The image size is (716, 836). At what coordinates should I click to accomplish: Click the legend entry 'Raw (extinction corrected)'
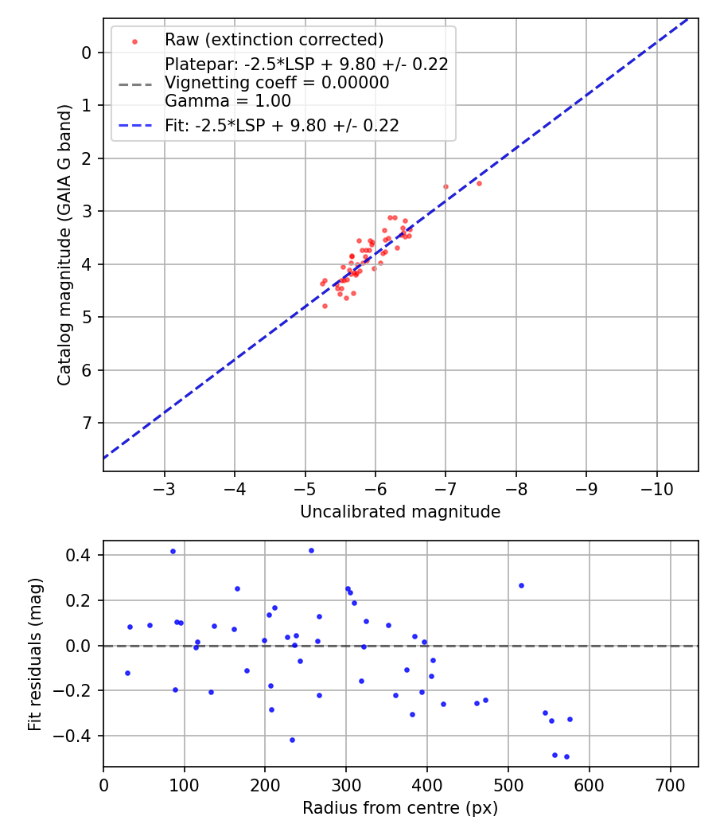click(274, 40)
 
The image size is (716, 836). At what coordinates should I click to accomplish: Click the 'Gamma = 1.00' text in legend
click(228, 101)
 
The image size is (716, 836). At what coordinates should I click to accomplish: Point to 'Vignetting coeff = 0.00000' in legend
click(277, 83)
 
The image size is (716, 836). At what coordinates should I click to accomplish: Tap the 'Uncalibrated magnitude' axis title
click(400, 512)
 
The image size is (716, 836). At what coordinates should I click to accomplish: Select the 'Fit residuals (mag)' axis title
click(34, 654)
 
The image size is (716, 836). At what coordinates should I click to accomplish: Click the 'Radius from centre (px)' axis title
click(400, 808)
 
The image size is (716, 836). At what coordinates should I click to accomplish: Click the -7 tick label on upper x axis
click(446, 486)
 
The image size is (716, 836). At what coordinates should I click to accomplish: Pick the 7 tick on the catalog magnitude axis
click(88, 423)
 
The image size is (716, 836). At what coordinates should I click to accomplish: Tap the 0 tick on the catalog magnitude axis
click(88, 53)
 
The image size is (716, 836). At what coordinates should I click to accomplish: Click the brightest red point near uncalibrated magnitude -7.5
click(479, 183)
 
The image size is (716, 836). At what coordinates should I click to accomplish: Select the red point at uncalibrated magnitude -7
click(446, 186)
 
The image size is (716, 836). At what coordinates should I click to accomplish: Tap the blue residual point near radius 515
click(521, 585)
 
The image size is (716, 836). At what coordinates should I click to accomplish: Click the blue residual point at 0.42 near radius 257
click(311, 550)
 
